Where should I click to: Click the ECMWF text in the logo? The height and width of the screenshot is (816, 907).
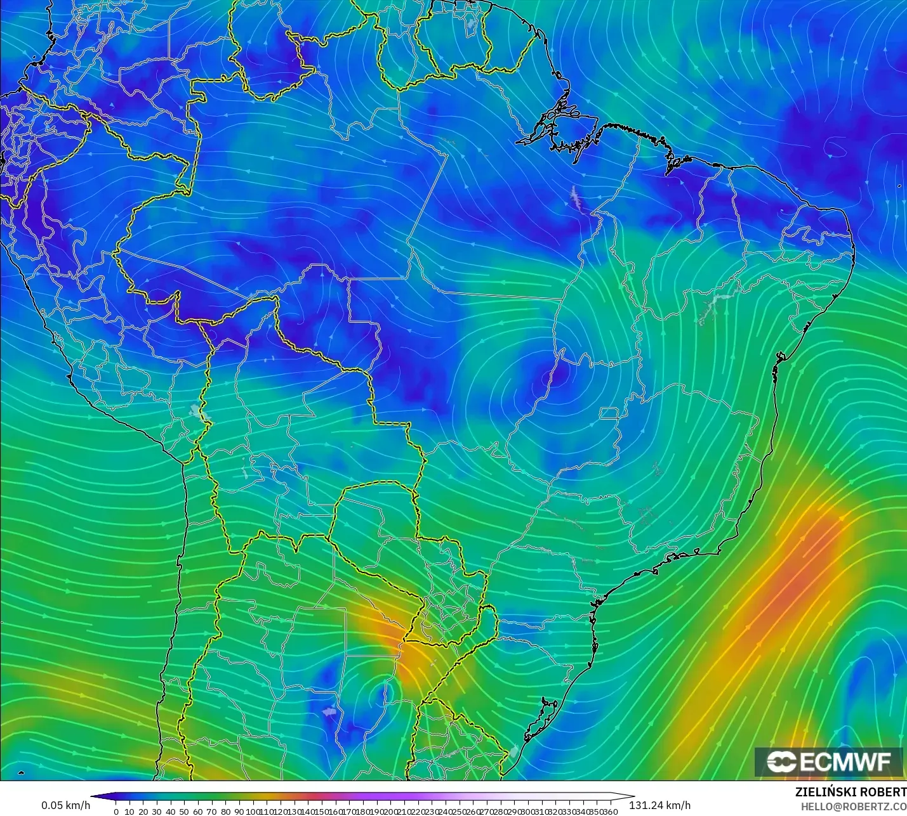click(x=845, y=761)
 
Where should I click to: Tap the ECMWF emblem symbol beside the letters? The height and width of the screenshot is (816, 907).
click(x=781, y=761)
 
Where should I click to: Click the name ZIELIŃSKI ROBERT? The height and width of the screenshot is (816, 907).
click(x=851, y=792)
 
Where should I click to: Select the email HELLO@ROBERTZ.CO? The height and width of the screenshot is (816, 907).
click(x=853, y=806)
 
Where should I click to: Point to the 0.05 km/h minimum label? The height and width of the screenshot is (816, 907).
click(x=66, y=805)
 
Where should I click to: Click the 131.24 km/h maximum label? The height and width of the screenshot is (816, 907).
click(x=659, y=805)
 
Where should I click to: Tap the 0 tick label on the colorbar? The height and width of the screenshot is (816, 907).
click(x=116, y=812)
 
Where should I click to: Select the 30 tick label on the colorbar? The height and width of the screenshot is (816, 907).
click(x=157, y=812)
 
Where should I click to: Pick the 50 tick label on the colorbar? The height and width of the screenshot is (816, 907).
click(x=184, y=812)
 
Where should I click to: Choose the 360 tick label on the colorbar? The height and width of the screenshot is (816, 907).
click(x=611, y=812)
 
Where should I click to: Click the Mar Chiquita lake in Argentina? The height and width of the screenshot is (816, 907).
click(x=328, y=711)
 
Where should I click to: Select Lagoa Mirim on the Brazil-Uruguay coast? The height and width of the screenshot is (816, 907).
click(x=513, y=752)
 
